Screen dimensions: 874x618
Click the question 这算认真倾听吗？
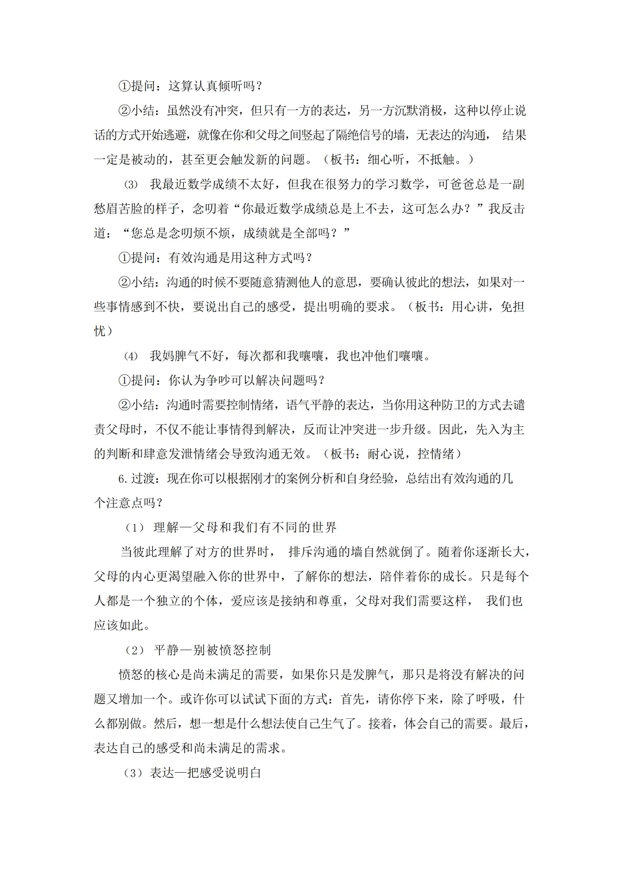click(215, 86)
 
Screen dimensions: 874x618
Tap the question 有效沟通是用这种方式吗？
click(240, 258)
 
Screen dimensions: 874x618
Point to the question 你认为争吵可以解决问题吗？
click(247, 380)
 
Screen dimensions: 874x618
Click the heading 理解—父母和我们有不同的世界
click(245, 528)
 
